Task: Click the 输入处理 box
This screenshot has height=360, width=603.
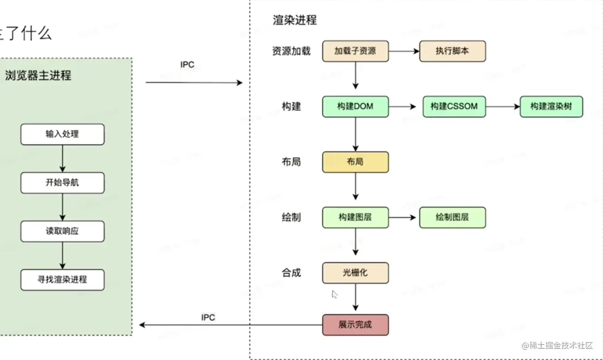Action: pyautogui.click(x=62, y=134)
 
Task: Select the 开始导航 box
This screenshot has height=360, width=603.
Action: pyautogui.click(x=62, y=183)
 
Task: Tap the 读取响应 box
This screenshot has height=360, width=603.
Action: pyautogui.click(x=62, y=231)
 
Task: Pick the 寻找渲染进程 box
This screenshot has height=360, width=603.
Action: pyautogui.click(x=62, y=280)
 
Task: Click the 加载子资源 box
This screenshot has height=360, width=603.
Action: pyautogui.click(x=355, y=51)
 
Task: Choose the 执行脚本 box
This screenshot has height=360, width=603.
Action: pyautogui.click(x=453, y=51)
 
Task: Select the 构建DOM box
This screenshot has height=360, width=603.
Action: pyautogui.click(x=355, y=107)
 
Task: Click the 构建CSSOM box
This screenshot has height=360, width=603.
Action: pyautogui.click(x=454, y=107)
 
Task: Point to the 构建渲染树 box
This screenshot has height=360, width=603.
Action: pyautogui.click(x=551, y=107)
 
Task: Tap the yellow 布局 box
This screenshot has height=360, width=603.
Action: pyautogui.click(x=355, y=162)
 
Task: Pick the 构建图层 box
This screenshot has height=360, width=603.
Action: pyautogui.click(x=355, y=217)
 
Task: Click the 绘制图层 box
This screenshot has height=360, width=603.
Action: pyautogui.click(x=453, y=217)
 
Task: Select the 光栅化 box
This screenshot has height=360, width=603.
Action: pyautogui.click(x=355, y=273)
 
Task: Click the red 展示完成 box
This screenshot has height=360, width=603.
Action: pyautogui.click(x=355, y=325)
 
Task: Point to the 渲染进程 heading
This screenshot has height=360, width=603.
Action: pyautogui.click(x=295, y=20)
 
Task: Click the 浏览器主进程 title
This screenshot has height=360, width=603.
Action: pyautogui.click(x=38, y=76)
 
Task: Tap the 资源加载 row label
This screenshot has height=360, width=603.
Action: pyautogui.click(x=291, y=51)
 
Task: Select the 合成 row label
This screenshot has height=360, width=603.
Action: pyautogui.click(x=291, y=273)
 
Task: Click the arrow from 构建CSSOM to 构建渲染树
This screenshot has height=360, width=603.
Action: pyautogui.click(x=503, y=107)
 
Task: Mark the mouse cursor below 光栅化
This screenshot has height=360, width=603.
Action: pyautogui.click(x=334, y=294)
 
